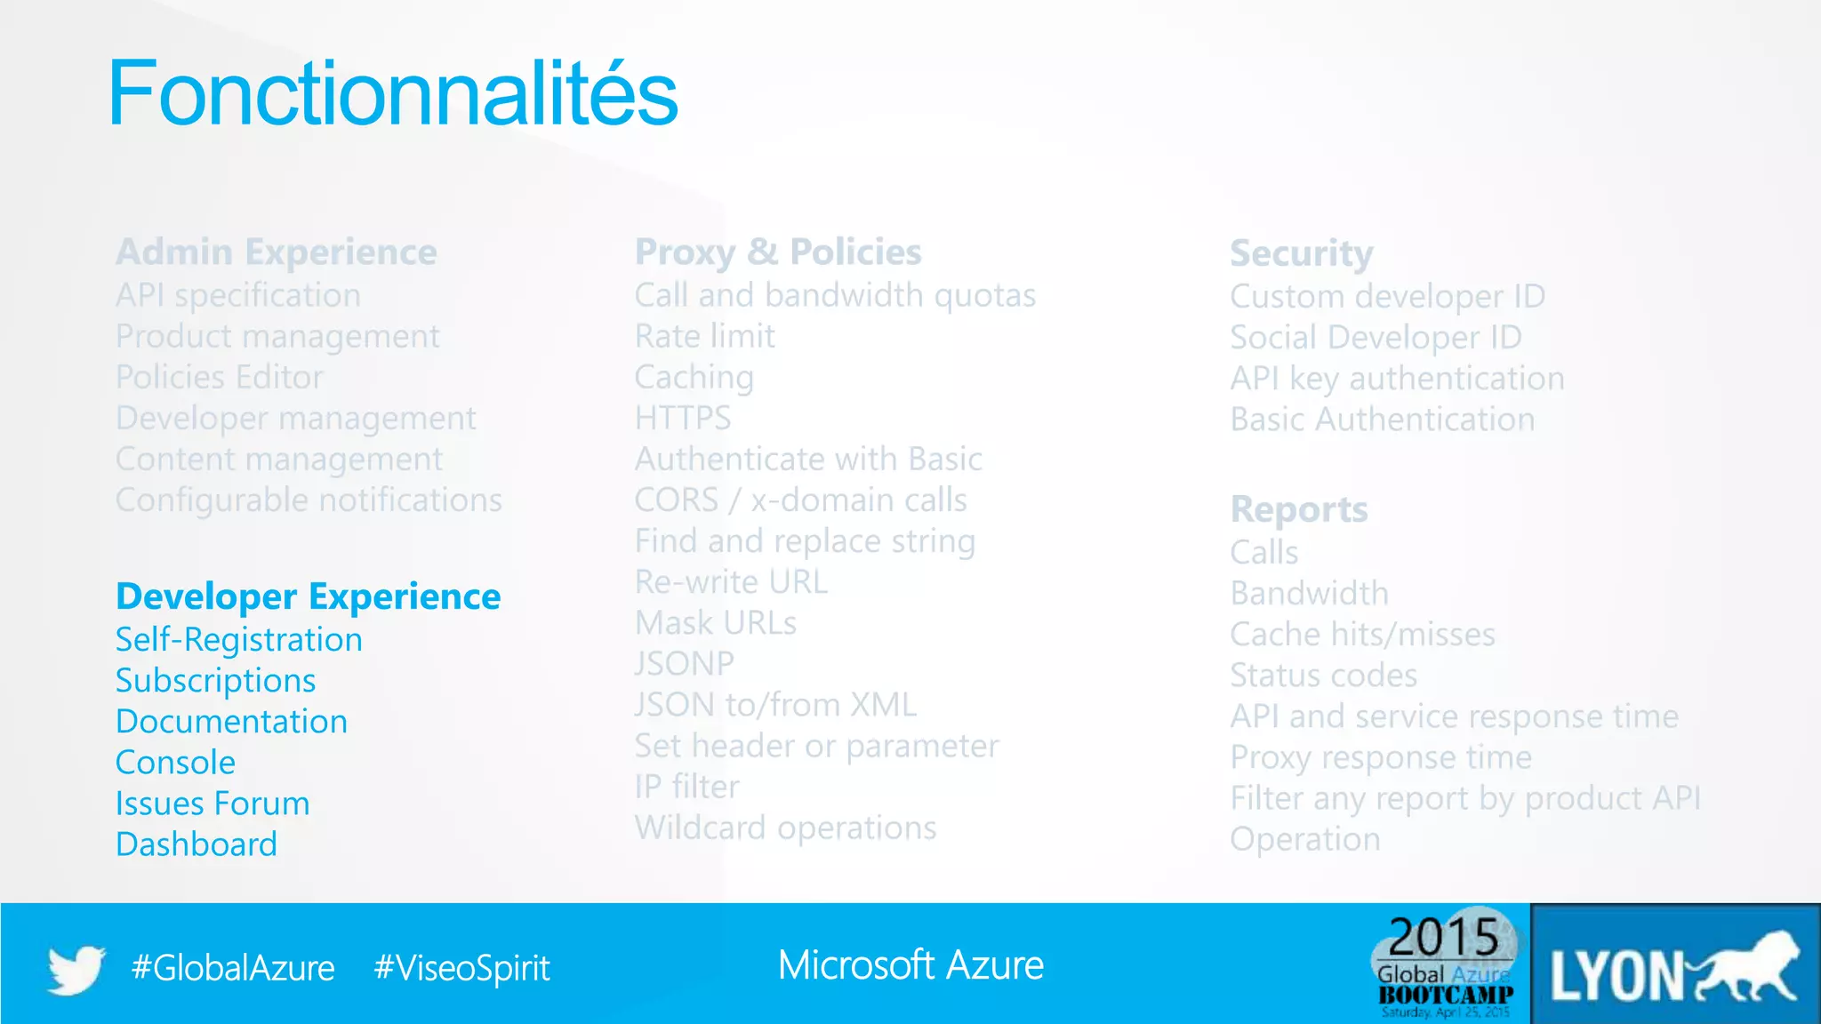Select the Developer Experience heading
click(x=308, y=596)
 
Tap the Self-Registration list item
click(x=238, y=640)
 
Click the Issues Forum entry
click(x=213, y=804)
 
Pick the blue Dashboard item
click(x=196, y=844)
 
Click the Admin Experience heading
click(x=276, y=252)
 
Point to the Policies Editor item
click(x=219, y=378)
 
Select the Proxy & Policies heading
click(x=777, y=252)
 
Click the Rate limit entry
click(x=704, y=337)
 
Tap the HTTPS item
click(x=682, y=419)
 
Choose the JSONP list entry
click(x=684, y=664)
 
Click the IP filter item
click(x=686, y=787)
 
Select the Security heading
click(x=1301, y=254)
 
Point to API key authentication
click(x=1396, y=379)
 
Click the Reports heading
click(x=1298, y=510)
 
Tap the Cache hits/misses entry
click(x=1361, y=635)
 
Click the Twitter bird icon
click(x=76, y=968)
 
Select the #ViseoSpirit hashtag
click(x=461, y=968)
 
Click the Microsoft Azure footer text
click(x=910, y=965)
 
